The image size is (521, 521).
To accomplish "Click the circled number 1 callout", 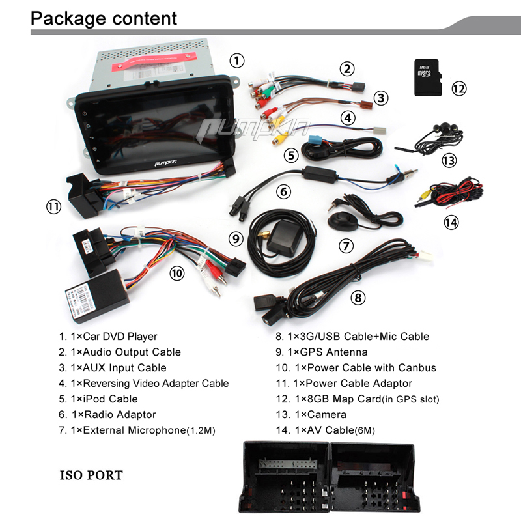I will pos(237,61).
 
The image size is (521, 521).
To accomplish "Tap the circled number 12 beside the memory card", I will pos(459,88).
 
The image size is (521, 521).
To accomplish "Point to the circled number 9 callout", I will pos(236,239).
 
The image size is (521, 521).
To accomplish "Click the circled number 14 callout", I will pos(451,222).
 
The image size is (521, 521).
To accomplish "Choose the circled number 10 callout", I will pos(177,274).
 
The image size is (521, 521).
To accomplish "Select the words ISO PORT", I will pos(91,475).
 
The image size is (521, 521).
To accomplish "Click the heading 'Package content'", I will pos(104,18).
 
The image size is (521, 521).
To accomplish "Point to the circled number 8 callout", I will pos(358,298).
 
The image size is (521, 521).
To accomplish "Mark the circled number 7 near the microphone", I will pos(346,246).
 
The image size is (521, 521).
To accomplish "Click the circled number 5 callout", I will pos(290,156).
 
